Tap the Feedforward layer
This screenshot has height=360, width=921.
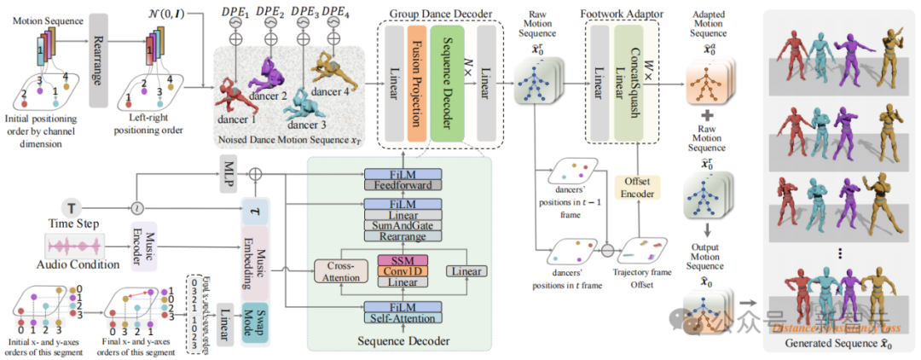(x=403, y=183)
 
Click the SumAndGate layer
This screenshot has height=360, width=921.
(x=403, y=224)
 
